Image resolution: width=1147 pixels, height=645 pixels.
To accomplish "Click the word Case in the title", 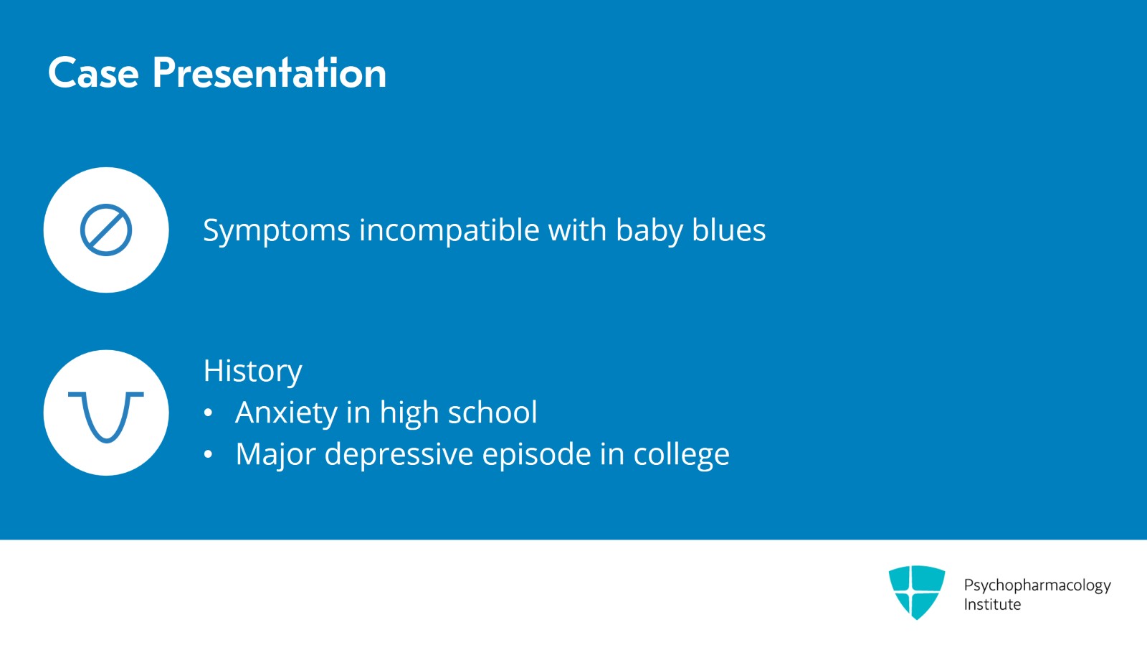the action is pos(93,72).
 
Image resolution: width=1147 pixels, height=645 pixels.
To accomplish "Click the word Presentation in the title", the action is pos(270,72).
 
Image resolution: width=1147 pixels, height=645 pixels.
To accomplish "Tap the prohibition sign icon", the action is pos(106,230).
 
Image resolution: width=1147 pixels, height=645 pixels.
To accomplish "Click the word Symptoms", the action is pos(277,231).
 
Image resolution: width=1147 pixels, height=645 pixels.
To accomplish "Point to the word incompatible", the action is pos(449,230).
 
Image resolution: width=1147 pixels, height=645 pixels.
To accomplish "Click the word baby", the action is pos(649,231).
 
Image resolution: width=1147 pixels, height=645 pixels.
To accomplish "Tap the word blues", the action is pos(728,230).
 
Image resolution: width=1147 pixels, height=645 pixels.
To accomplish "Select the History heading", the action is pos(253,372).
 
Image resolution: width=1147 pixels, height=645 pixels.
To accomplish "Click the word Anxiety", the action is pos(286,413).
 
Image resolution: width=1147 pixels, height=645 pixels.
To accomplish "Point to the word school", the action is pos(492,412).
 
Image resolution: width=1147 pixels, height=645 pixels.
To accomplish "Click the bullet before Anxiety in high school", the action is pos(208,413).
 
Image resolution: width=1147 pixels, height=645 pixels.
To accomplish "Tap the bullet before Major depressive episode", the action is pos(208,454).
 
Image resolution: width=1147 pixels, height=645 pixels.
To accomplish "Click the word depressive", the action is pos(399,454).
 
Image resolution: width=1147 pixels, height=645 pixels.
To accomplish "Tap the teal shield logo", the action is pos(917,592).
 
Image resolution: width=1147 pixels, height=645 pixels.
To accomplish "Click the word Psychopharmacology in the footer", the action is pos(1037,585).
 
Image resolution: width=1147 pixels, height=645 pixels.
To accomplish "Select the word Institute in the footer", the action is pos(992,605).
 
